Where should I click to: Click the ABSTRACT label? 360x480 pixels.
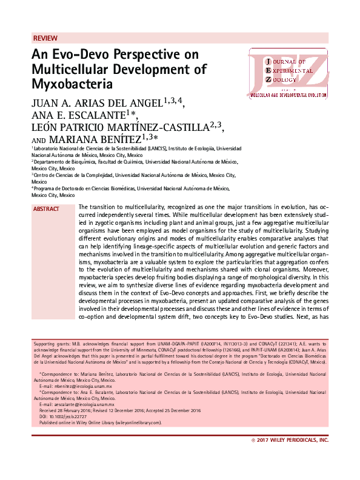pos(46,209)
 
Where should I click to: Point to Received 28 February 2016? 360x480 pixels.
pos(65,410)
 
